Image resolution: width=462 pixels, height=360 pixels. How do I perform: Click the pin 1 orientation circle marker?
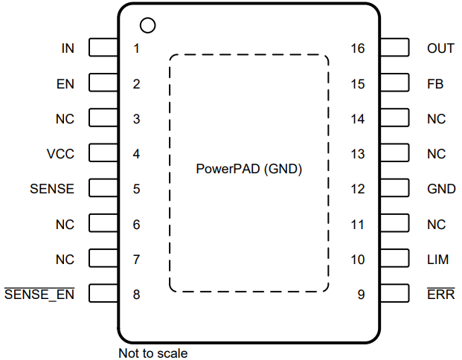[147, 25]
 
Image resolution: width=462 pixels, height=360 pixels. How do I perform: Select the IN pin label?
[68, 48]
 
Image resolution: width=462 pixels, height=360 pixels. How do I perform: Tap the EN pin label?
[65, 84]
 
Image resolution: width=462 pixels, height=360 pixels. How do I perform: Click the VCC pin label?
[61, 154]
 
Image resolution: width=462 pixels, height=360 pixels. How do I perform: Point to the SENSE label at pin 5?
[52, 189]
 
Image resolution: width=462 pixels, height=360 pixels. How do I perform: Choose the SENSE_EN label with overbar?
[39, 295]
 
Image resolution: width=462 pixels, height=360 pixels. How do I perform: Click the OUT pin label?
[440, 48]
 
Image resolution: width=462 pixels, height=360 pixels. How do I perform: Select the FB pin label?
[435, 84]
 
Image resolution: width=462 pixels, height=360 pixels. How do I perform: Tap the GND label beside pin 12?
[441, 189]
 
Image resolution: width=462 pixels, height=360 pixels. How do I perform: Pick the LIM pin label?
[438, 260]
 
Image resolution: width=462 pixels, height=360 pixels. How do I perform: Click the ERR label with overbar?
[440, 295]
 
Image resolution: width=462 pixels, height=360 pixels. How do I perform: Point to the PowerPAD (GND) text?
[249, 168]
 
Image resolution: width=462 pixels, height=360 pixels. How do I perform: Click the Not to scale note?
[153, 353]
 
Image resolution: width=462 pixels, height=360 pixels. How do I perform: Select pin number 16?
[358, 48]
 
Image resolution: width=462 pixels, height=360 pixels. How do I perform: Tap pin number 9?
[361, 295]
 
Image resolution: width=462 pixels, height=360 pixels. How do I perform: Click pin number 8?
[136, 295]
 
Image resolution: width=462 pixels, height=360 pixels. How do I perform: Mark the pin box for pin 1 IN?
[103, 48]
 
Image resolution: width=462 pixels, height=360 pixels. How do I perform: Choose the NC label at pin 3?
[65, 119]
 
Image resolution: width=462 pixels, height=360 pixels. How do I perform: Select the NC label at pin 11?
[437, 224]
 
